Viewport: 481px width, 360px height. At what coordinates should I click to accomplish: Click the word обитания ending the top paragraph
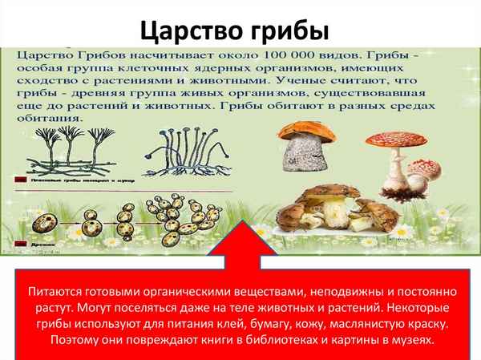(x=50, y=117)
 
